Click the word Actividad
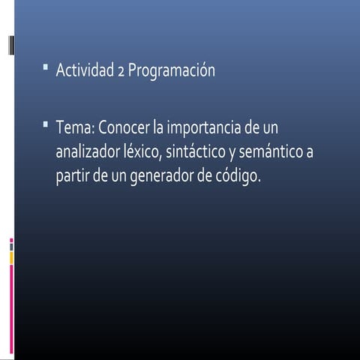point(85,71)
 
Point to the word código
point(238,180)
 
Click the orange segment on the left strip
point(11,256)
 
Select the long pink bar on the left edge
point(11,307)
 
